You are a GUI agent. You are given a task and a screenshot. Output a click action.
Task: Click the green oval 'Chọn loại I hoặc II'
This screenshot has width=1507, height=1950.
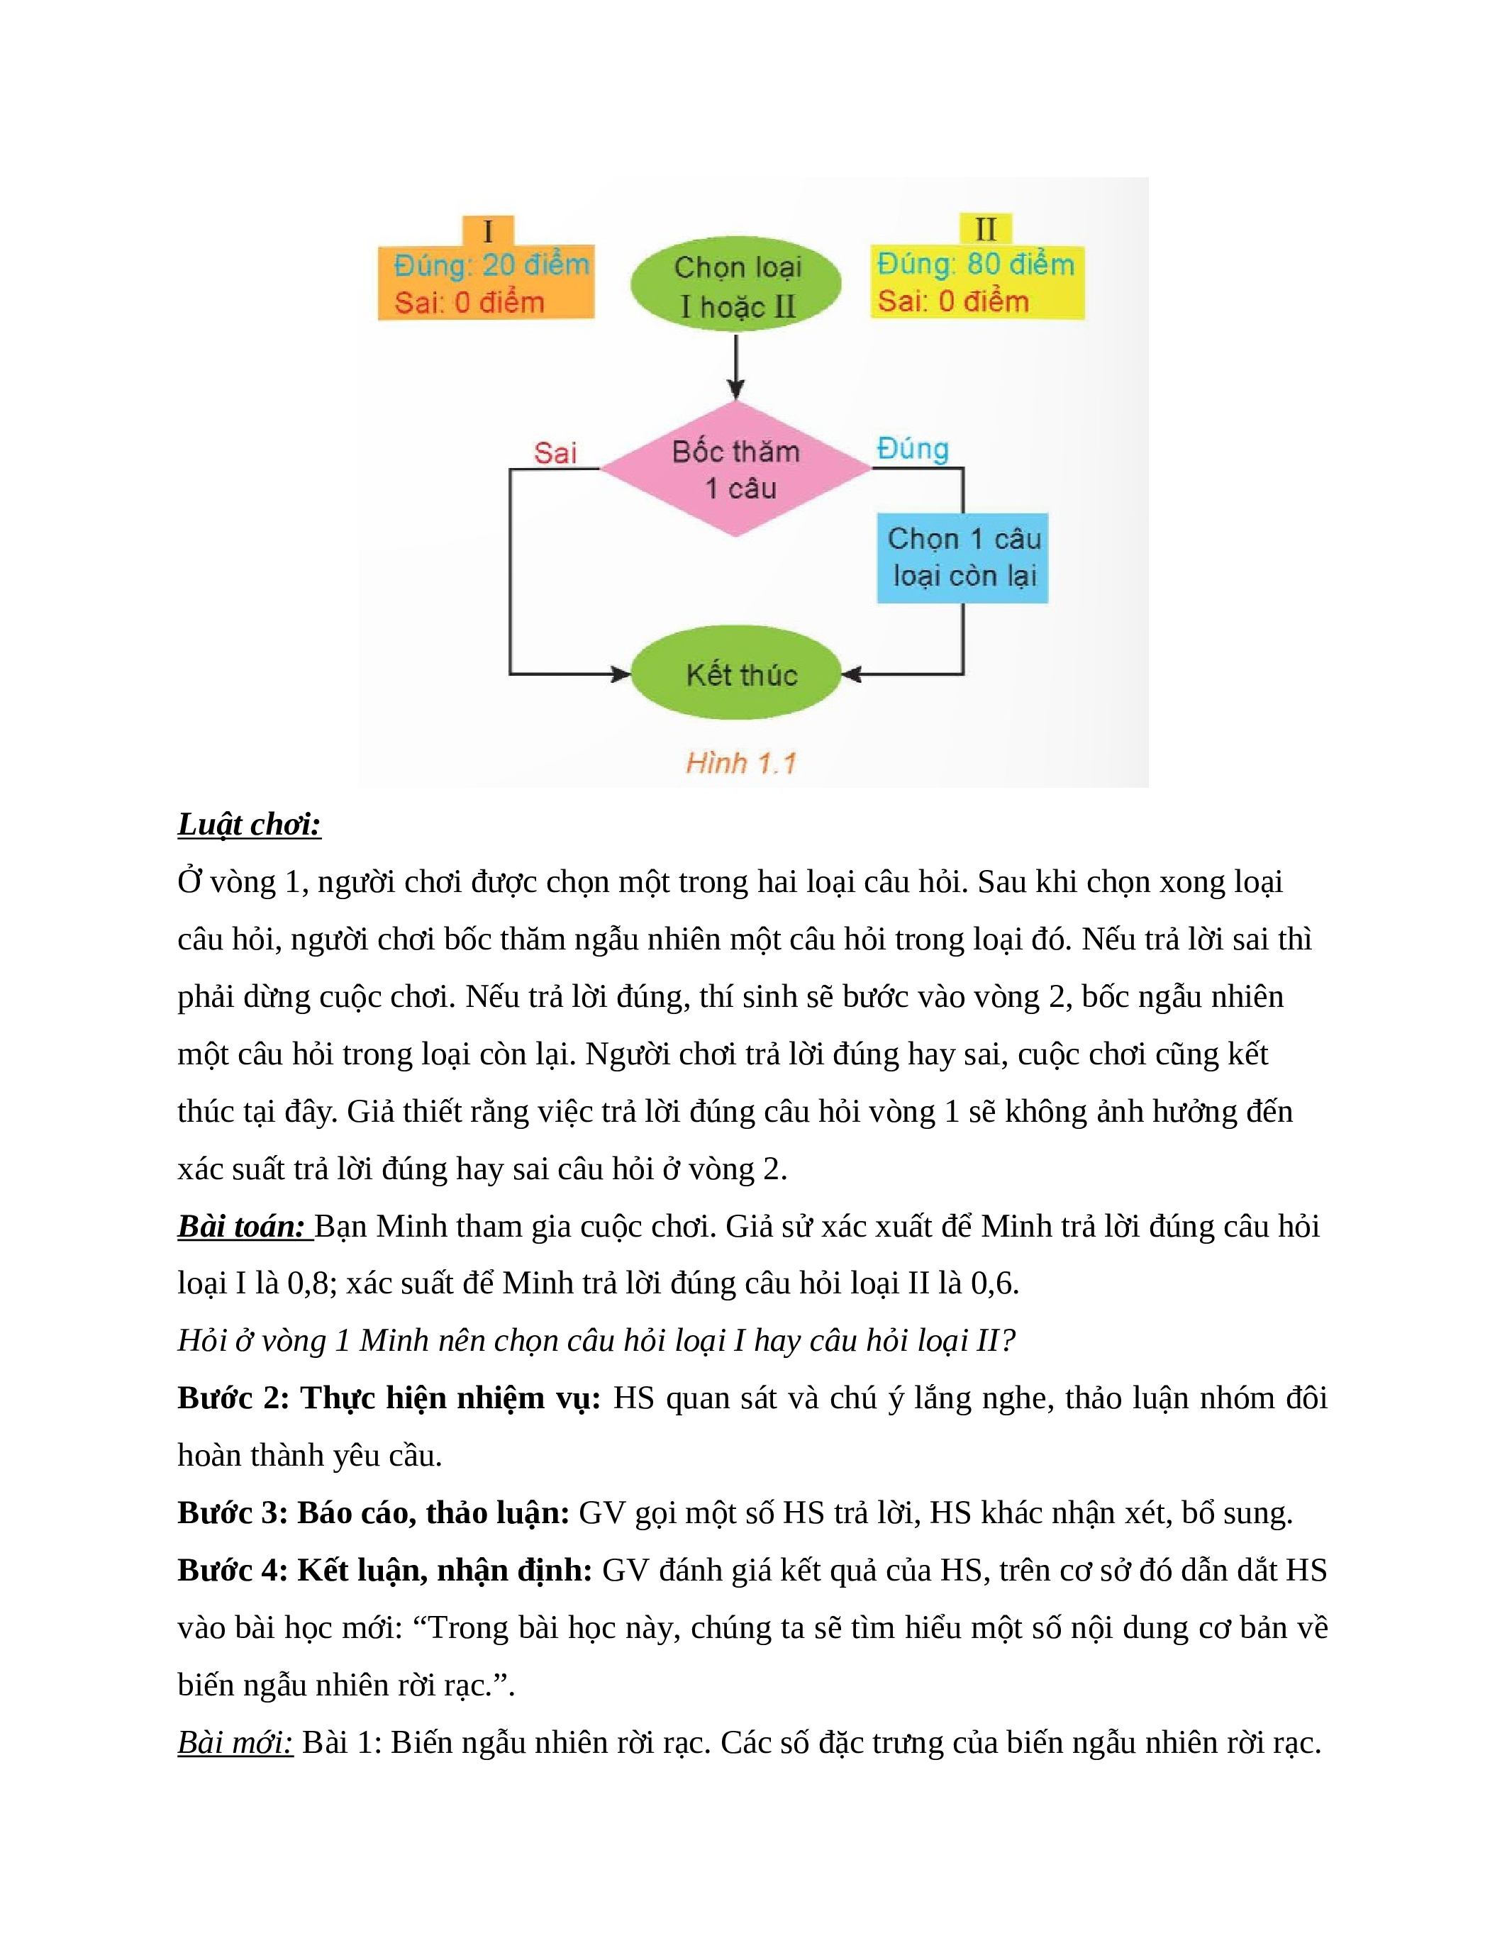735,284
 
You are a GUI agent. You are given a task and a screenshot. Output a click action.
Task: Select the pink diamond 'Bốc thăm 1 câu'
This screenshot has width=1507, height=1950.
735,469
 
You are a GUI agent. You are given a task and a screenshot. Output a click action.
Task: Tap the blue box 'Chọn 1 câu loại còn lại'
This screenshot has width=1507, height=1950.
962,558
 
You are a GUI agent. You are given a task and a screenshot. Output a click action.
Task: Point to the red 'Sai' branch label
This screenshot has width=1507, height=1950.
555,452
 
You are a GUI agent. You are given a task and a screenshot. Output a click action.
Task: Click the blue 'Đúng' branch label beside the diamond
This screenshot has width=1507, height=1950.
913,448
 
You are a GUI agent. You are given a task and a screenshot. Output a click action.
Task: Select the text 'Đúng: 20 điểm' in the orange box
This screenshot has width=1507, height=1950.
491,265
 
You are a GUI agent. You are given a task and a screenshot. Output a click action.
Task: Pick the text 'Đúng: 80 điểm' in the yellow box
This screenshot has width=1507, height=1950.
975,264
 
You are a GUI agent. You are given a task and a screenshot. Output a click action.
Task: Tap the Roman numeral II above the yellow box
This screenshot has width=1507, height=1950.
986,230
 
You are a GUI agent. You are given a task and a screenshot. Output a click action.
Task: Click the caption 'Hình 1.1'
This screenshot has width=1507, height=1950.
740,764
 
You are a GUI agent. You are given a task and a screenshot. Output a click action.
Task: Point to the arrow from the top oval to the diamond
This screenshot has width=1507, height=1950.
735,365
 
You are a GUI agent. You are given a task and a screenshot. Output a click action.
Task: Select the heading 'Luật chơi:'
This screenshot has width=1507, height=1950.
249,824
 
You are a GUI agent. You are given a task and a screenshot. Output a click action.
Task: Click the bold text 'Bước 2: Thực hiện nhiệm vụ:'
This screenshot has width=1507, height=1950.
389,1398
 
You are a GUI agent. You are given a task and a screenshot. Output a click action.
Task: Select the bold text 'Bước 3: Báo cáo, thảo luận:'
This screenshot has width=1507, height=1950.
373,1512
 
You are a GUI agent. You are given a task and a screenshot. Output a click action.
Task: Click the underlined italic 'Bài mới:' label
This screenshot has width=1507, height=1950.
235,1743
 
